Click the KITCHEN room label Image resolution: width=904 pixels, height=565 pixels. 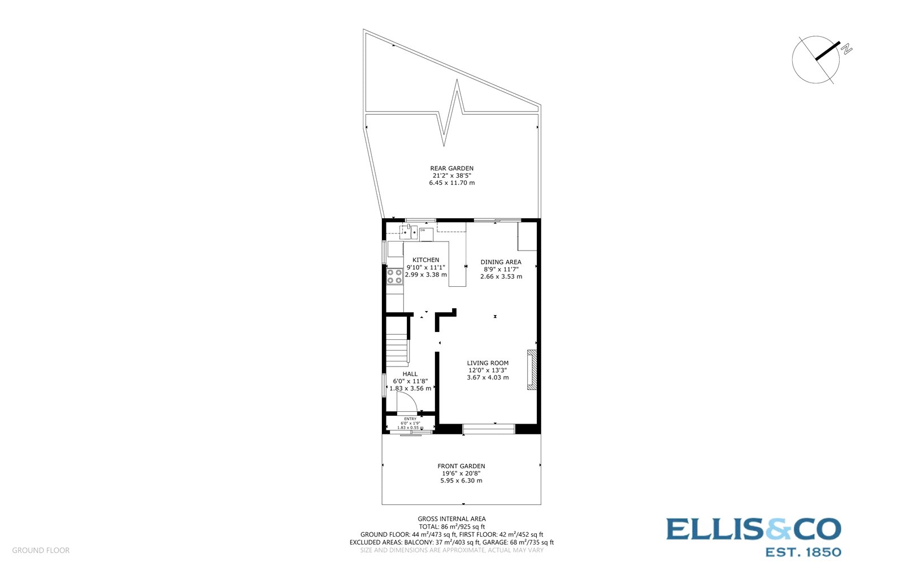click(x=425, y=260)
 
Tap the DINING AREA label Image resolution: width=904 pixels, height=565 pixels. click(x=501, y=262)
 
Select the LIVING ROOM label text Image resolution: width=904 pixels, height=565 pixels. click(x=488, y=363)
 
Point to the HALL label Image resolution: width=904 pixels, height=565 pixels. click(x=410, y=374)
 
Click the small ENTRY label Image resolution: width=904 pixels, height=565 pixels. click(x=410, y=419)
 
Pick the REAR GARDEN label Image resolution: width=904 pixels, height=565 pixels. click(x=452, y=169)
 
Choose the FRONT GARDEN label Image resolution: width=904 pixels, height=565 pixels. click(x=461, y=467)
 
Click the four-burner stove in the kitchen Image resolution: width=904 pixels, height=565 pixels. click(x=394, y=277)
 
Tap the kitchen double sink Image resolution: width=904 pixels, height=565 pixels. click(x=408, y=231)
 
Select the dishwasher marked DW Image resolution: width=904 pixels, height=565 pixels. click(x=426, y=234)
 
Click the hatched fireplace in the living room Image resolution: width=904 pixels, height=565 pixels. click(x=532, y=370)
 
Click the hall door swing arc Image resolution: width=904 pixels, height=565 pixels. click(x=407, y=402)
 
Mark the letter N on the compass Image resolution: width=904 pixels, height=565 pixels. click(x=846, y=49)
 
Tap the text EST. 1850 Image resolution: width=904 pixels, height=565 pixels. click(x=802, y=551)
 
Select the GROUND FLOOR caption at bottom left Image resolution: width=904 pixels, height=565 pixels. click(x=41, y=550)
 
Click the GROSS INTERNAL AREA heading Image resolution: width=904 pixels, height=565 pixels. click(x=451, y=519)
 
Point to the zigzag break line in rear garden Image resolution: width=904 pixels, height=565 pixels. click(x=453, y=113)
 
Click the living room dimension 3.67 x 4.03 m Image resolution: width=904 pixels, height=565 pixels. click(x=488, y=378)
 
